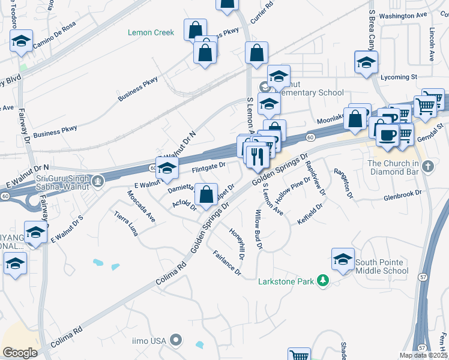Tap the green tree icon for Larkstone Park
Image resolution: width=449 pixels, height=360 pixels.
(x=323, y=280)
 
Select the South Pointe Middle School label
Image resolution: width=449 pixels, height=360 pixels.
(x=382, y=266)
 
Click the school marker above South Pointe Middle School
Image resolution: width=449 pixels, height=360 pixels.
(x=343, y=259)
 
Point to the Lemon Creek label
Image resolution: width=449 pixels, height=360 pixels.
(x=151, y=32)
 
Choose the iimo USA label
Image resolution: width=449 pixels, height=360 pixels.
(x=149, y=341)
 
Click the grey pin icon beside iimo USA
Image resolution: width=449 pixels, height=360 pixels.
(x=176, y=341)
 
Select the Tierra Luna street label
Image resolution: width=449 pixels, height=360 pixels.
(x=125, y=224)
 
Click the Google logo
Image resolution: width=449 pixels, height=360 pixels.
(x=20, y=353)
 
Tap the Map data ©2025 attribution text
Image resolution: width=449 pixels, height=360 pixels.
(x=423, y=355)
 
